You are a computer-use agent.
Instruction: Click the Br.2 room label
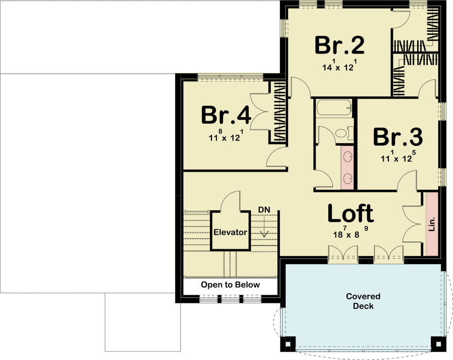[339, 45]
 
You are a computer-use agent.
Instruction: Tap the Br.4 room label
[226, 115]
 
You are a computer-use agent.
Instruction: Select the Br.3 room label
[397, 138]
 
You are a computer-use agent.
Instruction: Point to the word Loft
[350, 214]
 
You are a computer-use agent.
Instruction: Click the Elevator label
[230, 232]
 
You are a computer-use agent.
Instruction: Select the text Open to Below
[230, 285]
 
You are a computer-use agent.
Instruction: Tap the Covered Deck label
[363, 301]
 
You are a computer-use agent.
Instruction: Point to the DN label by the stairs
[264, 209]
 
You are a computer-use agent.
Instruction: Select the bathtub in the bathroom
[334, 107]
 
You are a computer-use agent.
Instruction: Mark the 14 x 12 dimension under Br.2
[339, 66]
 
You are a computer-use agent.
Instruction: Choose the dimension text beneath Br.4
[226, 136]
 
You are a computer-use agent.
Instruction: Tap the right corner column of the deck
[436, 343]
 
